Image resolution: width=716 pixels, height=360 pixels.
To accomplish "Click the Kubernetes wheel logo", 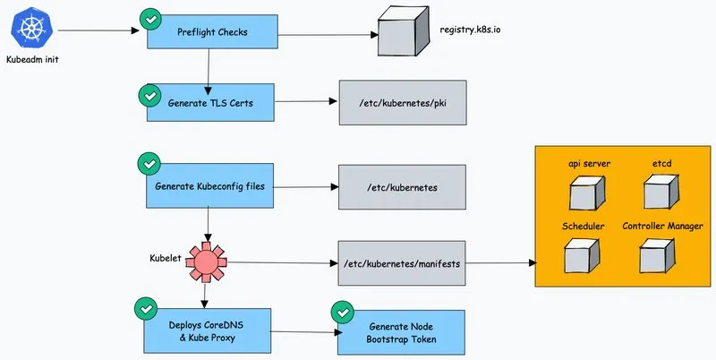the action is (32, 29).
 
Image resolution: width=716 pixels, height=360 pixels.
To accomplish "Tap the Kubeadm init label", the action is (32, 59).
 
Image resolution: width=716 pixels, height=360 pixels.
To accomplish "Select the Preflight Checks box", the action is (212, 31).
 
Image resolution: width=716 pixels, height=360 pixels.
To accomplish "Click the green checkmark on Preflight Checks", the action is (150, 20).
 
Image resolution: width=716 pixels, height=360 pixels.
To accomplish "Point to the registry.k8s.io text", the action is (470, 30).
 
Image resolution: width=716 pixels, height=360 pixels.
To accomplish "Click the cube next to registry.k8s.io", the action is (404, 30).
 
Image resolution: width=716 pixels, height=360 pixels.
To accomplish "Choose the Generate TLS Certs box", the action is (210, 102).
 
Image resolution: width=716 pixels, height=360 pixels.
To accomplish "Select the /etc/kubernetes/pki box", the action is (403, 103).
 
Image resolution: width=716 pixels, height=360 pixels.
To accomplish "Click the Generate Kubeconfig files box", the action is (209, 186).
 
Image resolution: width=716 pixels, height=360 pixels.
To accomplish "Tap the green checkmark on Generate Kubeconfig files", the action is (149, 164).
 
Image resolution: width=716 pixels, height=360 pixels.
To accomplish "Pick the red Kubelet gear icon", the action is (206, 261).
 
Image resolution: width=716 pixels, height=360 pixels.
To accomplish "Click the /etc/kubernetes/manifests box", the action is (402, 263).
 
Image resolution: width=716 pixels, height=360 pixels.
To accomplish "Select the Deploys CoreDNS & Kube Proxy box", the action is (208, 331).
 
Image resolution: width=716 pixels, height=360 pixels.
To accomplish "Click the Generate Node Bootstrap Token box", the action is (401, 332).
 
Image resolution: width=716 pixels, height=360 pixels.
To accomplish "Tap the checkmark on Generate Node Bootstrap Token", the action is (343, 313).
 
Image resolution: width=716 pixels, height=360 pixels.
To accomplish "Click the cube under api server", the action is (587, 193).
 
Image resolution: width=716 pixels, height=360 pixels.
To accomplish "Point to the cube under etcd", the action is (661, 192).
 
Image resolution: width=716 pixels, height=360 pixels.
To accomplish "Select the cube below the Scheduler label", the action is (581, 257).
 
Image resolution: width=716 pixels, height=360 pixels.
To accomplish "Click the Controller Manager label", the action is (662, 227).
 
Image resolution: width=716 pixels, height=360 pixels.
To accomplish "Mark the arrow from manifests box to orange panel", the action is (501, 263).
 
